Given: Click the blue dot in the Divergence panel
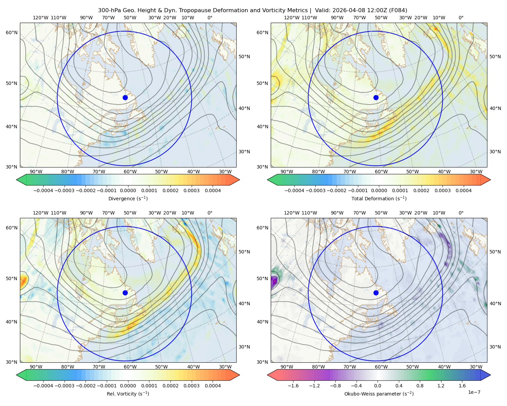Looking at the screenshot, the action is (x=125, y=97).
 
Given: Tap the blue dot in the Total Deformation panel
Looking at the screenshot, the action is (x=376, y=97).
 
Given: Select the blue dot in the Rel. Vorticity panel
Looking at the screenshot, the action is (x=125, y=293).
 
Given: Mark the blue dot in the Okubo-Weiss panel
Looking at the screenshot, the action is (x=376, y=293).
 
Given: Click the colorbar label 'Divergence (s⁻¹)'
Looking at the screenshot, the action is (x=128, y=198).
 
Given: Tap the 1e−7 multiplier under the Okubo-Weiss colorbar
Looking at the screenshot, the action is (x=474, y=392).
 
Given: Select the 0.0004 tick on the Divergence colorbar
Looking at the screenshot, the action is (x=213, y=190).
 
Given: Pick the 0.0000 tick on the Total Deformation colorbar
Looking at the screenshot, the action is (x=379, y=190).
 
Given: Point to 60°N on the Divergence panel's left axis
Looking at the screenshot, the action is (x=11, y=32).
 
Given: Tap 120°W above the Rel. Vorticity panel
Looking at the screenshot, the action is (x=41, y=213).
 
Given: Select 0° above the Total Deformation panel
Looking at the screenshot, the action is (x=461, y=18).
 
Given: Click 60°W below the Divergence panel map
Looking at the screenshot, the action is (x=130, y=172).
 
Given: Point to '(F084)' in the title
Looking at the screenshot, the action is (x=398, y=10).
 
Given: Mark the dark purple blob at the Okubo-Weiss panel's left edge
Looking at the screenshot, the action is (x=274, y=281).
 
